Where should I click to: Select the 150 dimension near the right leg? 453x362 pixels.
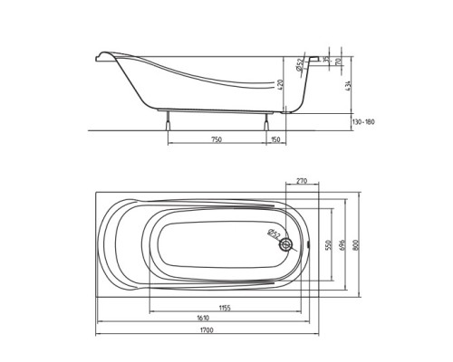click(275, 140)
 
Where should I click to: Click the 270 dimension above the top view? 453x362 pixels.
click(302, 182)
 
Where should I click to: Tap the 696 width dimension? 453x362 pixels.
click(342, 244)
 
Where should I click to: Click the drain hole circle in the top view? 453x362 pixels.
click(287, 244)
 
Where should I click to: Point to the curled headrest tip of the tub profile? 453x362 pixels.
click(100, 59)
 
